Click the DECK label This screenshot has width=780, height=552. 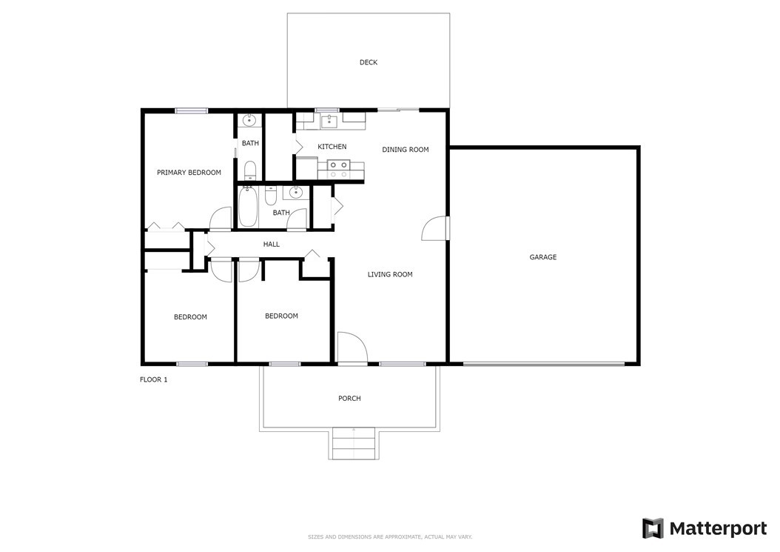368,62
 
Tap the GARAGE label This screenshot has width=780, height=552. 542,257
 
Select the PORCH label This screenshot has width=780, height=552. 349,398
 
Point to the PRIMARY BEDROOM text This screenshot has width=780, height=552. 189,173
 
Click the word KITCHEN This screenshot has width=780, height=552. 332,147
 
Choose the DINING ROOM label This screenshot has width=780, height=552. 406,150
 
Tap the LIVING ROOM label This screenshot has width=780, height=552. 390,274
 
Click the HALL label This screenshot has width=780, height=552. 271,244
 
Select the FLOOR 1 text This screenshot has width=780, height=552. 154,379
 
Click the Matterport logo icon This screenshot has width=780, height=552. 653,528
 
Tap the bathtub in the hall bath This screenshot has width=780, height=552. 248,206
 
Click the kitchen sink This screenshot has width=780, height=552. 329,121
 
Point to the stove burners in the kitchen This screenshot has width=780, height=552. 338,170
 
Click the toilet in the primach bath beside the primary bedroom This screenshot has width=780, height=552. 249,170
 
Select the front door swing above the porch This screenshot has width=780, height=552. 352,349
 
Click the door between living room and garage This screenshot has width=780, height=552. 434,228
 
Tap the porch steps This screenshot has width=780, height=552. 353,443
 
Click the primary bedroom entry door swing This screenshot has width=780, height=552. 221,219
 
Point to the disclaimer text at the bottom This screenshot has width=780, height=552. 390,537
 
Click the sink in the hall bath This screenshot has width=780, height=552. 297,192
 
